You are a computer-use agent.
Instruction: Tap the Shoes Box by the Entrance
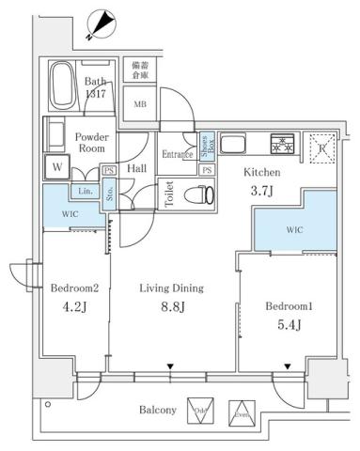(x=206, y=146)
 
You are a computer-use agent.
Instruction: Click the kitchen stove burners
(x=282, y=144)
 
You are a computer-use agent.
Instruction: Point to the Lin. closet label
(x=85, y=192)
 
